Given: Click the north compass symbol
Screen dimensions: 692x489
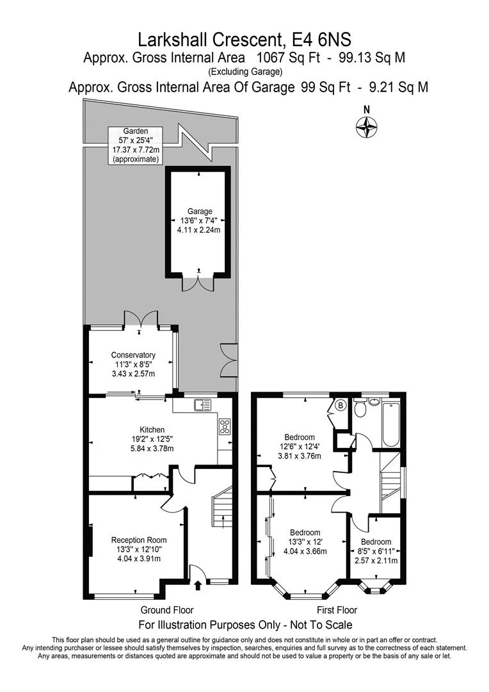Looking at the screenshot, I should pyautogui.click(x=367, y=128).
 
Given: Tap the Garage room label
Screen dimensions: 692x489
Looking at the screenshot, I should pyautogui.click(x=199, y=221).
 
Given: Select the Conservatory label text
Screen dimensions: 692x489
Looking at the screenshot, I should pyautogui.click(x=133, y=364).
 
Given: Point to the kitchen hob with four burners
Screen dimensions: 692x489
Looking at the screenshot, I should pyautogui.click(x=225, y=427).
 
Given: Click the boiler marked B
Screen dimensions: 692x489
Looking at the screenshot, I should pyautogui.click(x=340, y=405).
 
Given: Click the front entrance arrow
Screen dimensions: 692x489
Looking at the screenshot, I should pyautogui.click(x=197, y=584).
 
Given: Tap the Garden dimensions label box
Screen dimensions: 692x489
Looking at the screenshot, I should pyautogui.click(x=135, y=145).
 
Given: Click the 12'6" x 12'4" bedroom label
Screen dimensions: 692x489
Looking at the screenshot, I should pyautogui.click(x=302, y=447).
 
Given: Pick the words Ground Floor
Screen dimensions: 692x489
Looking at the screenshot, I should pyautogui.click(x=166, y=610).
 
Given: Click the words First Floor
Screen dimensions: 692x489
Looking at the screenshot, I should pyautogui.click(x=337, y=610).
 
